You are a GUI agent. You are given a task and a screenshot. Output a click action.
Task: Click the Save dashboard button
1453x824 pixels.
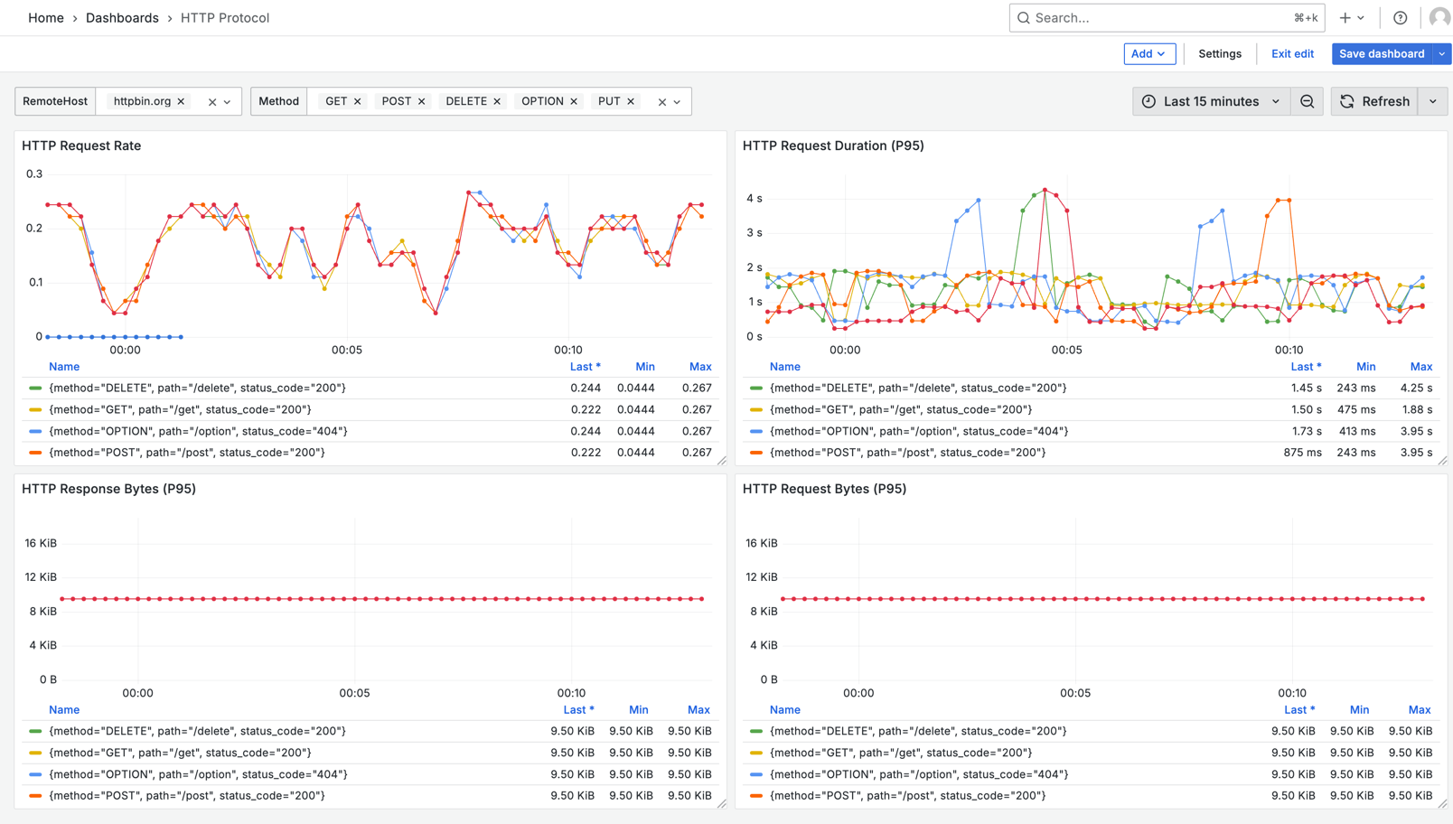[x=1381, y=54]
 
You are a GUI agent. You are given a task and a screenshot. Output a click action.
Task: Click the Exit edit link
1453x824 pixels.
[x=1292, y=54]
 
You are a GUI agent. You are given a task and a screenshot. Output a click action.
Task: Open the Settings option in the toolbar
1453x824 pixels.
[x=1219, y=54]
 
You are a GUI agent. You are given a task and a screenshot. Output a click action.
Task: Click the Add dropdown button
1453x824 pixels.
[x=1148, y=54]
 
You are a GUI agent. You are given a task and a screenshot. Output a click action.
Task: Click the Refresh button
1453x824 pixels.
[x=1374, y=101]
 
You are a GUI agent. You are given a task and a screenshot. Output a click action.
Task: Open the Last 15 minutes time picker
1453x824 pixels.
[x=1211, y=101]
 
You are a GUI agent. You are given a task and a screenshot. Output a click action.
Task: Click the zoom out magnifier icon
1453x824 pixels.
[x=1307, y=101]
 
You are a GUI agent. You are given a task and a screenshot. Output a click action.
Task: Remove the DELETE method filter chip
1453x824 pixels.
[x=497, y=102]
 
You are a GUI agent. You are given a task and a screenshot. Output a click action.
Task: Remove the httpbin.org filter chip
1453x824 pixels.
[x=181, y=102]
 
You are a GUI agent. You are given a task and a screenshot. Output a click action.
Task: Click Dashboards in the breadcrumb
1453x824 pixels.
[x=122, y=18]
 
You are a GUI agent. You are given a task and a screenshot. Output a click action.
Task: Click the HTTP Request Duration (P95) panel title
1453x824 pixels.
[x=832, y=145]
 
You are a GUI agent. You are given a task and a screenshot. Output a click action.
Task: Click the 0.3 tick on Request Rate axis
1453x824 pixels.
[x=34, y=174]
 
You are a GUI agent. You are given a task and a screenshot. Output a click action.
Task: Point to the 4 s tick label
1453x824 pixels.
[x=754, y=199]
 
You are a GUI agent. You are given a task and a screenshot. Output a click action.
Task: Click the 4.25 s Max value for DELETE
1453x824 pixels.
[x=1416, y=389]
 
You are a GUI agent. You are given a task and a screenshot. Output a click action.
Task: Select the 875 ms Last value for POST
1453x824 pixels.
[x=1302, y=453]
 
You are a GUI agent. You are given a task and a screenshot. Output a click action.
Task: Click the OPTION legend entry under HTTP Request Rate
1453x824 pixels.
[x=198, y=432]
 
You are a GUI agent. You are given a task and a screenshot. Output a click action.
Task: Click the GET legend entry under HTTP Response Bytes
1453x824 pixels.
[x=180, y=753]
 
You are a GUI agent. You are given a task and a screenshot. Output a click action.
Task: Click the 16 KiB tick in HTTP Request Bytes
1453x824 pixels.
[x=761, y=544]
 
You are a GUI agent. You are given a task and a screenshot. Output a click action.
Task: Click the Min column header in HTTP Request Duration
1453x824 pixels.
[x=1365, y=367]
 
